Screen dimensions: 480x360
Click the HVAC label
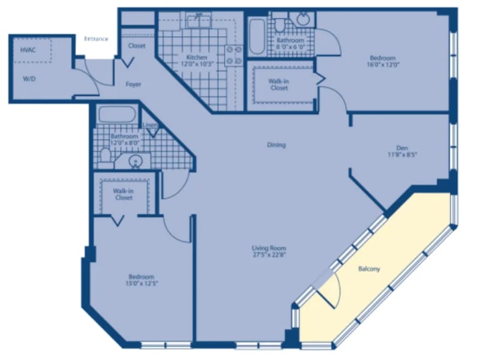coord(28,50)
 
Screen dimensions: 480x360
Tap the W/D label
coord(29,79)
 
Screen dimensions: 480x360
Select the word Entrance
coord(96,39)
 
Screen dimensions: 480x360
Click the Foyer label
coord(133,84)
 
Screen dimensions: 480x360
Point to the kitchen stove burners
coord(234,55)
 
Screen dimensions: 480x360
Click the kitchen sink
coord(199,20)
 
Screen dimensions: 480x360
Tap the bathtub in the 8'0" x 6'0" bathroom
coord(257,37)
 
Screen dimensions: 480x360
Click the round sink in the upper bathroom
coord(303,19)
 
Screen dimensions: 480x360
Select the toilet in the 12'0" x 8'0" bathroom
coord(105,155)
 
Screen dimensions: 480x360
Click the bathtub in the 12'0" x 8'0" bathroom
coord(117,115)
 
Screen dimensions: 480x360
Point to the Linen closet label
coord(151,125)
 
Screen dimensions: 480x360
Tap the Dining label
coord(277,145)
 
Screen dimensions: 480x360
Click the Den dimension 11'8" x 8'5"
coord(402,155)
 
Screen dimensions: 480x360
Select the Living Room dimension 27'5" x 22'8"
coord(269,255)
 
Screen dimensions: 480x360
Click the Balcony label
coord(369,269)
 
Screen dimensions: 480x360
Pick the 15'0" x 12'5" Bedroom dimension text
coord(142,283)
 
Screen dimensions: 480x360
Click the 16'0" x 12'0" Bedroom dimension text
coord(383,65)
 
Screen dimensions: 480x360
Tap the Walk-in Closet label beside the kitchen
coord(279,85)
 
